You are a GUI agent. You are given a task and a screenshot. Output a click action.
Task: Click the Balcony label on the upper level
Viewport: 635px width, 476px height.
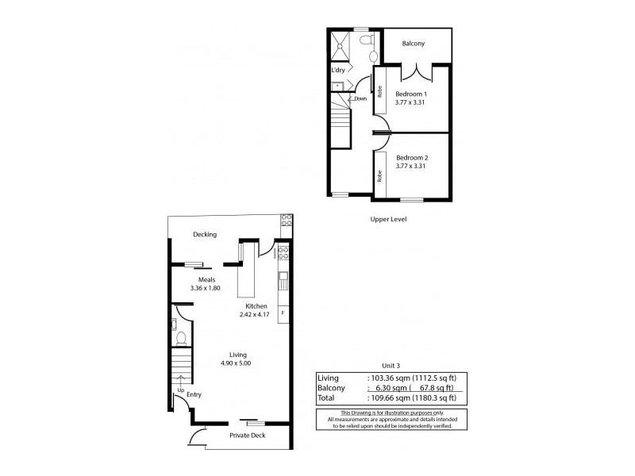[x=416, y=44]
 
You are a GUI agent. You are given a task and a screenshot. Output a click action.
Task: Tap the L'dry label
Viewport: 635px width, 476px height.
[x=338, y=71]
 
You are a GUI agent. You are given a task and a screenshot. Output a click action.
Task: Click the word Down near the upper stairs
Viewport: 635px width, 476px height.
[x=360, y=99]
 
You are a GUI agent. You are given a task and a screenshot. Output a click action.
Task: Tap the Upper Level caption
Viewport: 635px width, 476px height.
[x=388, y=219]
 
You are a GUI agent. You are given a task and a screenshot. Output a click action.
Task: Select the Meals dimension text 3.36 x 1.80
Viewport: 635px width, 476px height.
[x=206, y=288]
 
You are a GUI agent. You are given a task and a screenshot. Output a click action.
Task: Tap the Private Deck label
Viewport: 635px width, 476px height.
[x=248, y=436]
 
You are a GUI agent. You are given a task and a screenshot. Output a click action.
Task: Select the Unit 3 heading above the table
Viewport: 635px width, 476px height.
[x=390, y=365]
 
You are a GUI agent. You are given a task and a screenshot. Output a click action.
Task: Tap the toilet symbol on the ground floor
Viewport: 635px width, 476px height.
[x=180, y=339]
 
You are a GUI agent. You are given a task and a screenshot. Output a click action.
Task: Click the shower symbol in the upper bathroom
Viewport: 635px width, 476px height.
[x=341, y=45]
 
